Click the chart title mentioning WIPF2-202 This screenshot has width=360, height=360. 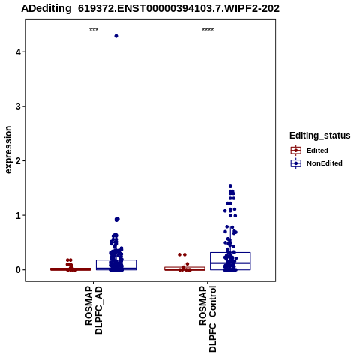[150, 9]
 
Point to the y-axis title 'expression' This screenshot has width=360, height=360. [8, 150]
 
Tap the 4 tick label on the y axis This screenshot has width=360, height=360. [18, 52]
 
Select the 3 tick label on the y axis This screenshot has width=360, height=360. [18, 106]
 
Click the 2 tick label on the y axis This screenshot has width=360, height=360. [18, 161]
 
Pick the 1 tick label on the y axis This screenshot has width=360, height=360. [18, 215]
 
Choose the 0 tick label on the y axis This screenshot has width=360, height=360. [18, 270]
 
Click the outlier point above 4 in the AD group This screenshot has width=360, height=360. [116, 36]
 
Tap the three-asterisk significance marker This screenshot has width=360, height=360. [94, 30]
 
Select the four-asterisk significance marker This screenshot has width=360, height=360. [208, 30]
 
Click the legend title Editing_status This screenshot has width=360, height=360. [320, 136]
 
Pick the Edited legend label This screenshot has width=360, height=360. [317, 151]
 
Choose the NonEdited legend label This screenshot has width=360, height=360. [325, 163]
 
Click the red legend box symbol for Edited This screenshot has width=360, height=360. [296, 151]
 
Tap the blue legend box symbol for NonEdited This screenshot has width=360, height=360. [296, 163]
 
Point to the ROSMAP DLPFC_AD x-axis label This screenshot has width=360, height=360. [94, 310]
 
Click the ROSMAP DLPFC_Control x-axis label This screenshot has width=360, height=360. [208, 319]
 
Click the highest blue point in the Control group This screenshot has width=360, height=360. [230, 187]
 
